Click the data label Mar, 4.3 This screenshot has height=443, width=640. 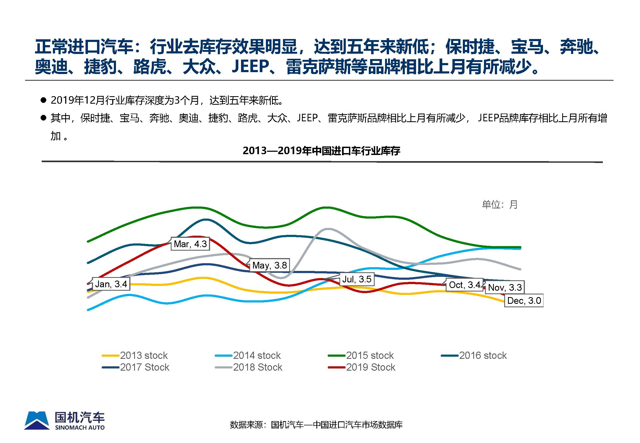point(190,244)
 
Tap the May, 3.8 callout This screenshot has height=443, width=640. point(269,265)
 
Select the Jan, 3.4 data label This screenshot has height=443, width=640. point(111,284)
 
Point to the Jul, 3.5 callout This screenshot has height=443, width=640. point(357,279)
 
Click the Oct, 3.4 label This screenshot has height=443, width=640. point(464,285)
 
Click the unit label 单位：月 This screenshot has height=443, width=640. point(499,205)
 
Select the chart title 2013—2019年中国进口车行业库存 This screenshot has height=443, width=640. point(321,151)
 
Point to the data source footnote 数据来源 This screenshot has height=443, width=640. point(316,425)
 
